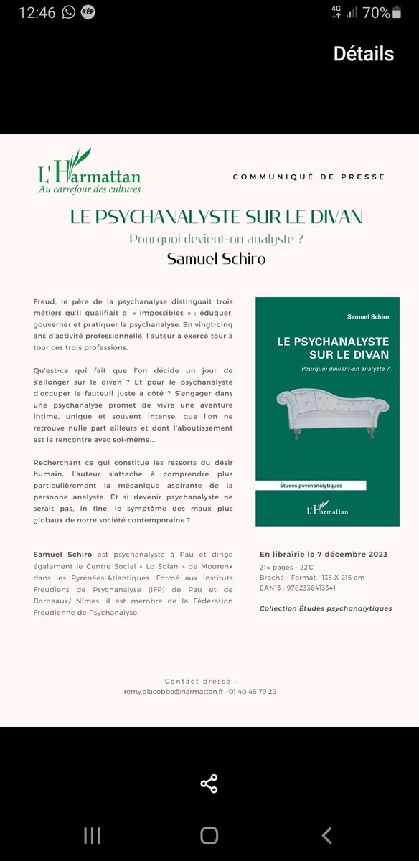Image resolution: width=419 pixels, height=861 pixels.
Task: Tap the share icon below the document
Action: pyautogui.click(x=209, y=784)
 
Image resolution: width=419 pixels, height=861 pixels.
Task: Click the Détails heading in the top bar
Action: pyautogui.click(x=364, y=54)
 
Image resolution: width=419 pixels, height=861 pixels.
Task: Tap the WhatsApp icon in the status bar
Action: pyautogui.click(x=69, y=12)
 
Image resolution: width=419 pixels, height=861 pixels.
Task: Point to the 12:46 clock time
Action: pyautogui.click(x=37, y=12)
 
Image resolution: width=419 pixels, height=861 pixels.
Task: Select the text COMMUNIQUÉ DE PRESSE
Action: pyautogui.click(x=309, y=177)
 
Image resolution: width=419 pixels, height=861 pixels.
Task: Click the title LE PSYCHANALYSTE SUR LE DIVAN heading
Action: pyautogui.click(x=216, y=217)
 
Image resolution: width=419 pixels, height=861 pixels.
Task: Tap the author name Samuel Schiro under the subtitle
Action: pyautogui.click(x=216, y=258)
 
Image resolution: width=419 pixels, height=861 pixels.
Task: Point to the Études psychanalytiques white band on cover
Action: pyautogui.click(x=311, y=486)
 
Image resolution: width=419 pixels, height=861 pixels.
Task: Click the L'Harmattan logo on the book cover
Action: pyautogui.click(x=326, y=509)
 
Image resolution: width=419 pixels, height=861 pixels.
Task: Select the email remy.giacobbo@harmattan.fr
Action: pyautogui.click(x=173, y=692)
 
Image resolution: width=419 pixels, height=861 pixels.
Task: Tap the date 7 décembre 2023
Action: pyautogui.click(x=352, y=554)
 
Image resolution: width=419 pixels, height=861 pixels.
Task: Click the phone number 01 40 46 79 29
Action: pyautogui.click(x=252, y=692)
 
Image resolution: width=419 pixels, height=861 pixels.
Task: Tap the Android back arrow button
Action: pyautogui.click(x=326, y=835)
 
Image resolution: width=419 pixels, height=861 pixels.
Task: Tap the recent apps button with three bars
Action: pyautogui.click(x=92, y=835)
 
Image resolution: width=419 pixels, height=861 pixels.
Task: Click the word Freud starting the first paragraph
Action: pyautogui.click(x=44, y=301)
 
